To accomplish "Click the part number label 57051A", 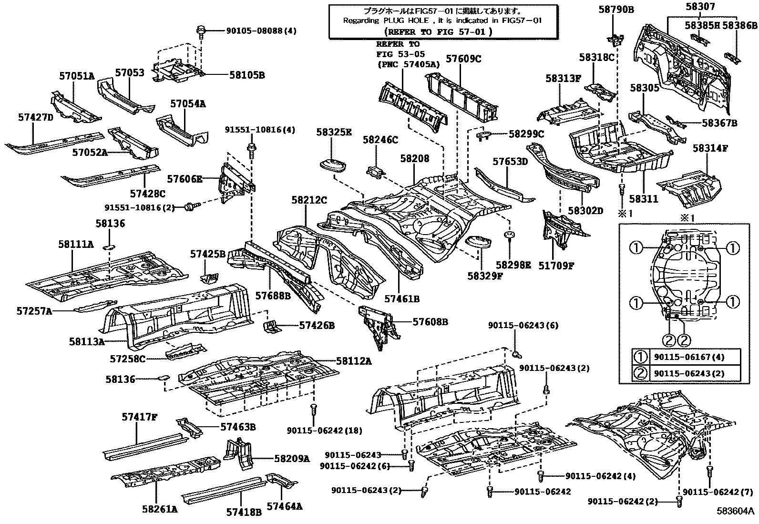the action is pos(77,76).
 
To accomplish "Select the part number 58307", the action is pos(700,7).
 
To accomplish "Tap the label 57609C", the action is pos(463,59).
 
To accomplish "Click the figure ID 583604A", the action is pos(736,511).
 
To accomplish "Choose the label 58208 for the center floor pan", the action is pos(415,159).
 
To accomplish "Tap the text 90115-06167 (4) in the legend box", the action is pos(689,357).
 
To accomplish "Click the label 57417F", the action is pos(140,417).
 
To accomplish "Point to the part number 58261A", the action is pos(160,509).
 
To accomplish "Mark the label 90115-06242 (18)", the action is pos(325,431).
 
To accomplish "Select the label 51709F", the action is pos(556,266).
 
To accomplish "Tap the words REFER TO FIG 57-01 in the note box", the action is pos(439,32).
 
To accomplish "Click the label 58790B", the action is pos(616,9).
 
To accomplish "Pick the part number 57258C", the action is pos(127,359).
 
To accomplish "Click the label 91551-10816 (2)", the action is pos(140,207).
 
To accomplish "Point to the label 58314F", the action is pos(710,148).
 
